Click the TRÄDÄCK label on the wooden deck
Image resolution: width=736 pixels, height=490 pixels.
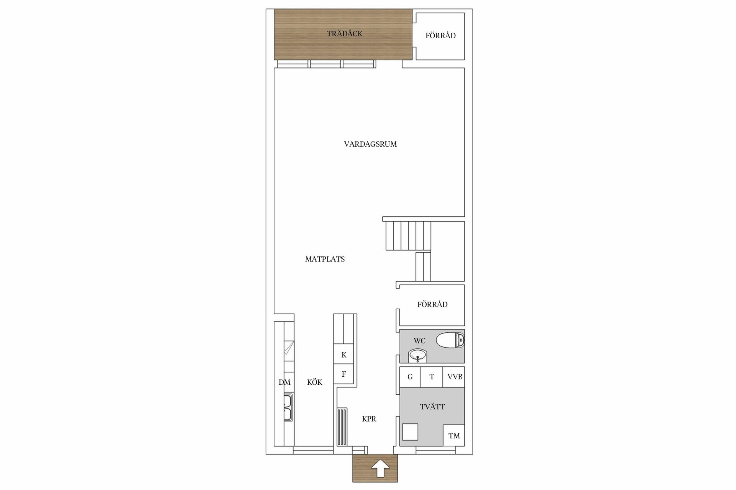pos(345,34)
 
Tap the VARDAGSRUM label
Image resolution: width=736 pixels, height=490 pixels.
pos(370,144)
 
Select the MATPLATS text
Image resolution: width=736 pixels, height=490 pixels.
pos(325,259)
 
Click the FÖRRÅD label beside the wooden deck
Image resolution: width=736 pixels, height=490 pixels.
pos(440,36)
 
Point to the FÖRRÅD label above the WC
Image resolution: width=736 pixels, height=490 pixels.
pos(432,304)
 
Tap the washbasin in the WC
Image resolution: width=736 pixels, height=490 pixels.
pos(417,356)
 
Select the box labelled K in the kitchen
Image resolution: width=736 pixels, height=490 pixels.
pos(344,355)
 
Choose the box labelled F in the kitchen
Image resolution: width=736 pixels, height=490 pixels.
pos(344,374)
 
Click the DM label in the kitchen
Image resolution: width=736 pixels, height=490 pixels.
pos(284,382)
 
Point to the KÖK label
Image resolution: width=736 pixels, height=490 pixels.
pos(315,382)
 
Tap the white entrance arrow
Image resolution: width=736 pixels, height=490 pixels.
pos(380,468)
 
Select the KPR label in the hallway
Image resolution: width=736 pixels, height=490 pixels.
pos(369,419)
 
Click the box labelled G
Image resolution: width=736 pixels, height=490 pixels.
pos(410,377)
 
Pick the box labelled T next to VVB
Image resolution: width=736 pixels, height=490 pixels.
pos(432,377)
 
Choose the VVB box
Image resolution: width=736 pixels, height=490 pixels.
pos(454,377)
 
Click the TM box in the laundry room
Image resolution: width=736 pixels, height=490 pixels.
pos(454,436)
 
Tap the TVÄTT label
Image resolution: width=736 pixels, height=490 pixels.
pos(432,407)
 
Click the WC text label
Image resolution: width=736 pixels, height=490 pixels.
pos(420,341)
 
